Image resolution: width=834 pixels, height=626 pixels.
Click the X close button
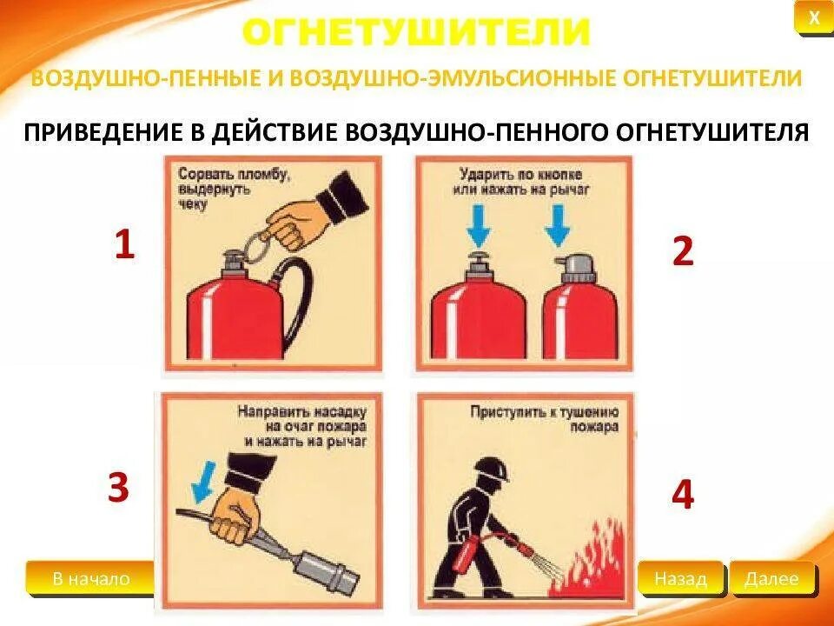pos(814,19)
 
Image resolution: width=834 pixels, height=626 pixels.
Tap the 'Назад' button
pos(680,579)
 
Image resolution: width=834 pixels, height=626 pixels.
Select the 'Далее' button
pos(771,579)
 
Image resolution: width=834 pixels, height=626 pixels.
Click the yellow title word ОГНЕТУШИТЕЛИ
pos(416,33)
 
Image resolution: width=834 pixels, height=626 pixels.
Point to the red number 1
pos(124,244)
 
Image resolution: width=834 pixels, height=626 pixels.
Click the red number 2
pos(683,250)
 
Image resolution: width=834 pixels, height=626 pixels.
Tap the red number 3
pos(118,487)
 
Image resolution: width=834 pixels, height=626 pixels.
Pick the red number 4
pos(683,494)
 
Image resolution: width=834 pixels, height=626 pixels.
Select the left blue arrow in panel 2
pos(478,226)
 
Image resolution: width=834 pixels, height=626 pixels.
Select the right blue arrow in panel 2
pos(558,226)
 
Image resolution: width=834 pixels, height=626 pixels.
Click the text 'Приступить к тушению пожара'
pos(544,419)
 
